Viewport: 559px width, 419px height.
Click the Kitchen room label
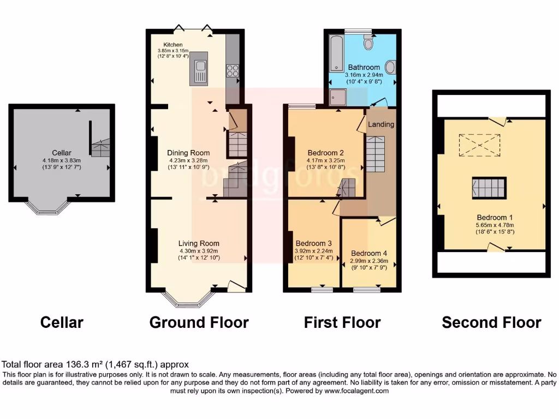(174, 44)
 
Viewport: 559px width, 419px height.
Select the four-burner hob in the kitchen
(232, 70)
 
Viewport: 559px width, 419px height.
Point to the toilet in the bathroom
(368, 41)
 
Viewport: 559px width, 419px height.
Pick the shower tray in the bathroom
(338, 97)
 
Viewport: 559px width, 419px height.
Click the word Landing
(380, 124)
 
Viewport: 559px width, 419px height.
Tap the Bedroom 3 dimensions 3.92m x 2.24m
(314, 251)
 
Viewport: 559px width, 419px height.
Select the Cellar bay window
(48, 209)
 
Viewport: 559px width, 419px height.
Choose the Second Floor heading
(491, 322)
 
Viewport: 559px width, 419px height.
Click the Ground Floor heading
(199, 322)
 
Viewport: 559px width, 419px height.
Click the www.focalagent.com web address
(356, 391)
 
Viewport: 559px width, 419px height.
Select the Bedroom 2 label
(325, 153)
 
